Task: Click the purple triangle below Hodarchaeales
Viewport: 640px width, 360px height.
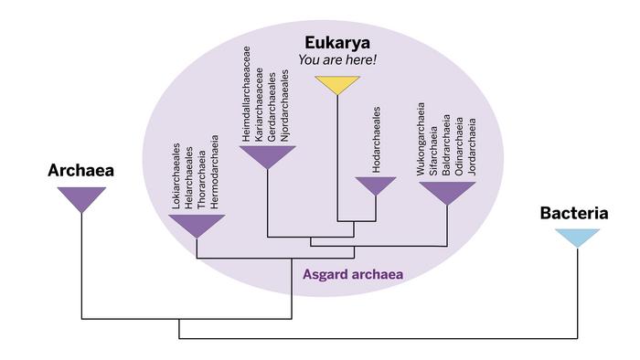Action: [375, 185]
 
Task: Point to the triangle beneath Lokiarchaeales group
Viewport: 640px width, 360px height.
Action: [197, 224]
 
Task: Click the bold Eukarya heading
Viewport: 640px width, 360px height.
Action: [337, 43]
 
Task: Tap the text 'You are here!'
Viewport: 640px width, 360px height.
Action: [337, 61]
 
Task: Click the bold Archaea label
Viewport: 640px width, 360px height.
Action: [81, 171]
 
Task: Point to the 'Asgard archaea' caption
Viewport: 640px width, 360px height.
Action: [353, 273]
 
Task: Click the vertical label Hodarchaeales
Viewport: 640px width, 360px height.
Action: [377, 138]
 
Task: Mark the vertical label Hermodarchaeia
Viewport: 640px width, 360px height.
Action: [216, 174]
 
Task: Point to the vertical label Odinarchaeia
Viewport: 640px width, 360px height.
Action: [460, 146]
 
